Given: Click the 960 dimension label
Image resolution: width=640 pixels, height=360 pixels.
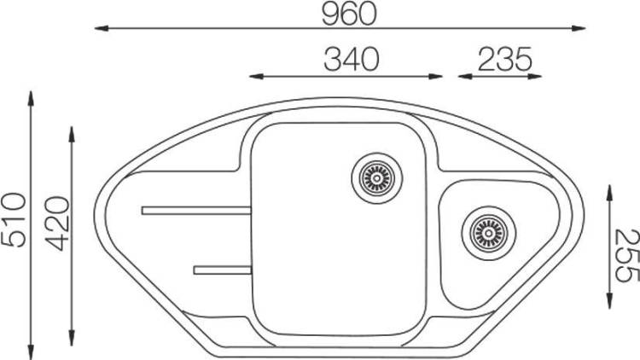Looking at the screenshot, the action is (348, 13).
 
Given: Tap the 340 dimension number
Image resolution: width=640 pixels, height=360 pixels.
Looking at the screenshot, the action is (352, 59).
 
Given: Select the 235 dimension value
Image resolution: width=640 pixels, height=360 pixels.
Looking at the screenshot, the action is (505, 59).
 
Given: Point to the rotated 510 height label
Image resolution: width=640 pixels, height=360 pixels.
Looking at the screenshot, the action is (14, 219).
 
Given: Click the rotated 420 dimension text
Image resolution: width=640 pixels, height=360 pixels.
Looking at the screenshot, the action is (57, 224).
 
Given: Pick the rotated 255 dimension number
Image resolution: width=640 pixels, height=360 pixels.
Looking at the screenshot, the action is (626, 256).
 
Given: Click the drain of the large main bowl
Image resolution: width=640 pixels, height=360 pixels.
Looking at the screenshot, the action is (376, 178).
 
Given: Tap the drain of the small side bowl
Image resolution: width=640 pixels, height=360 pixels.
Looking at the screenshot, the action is (489, 234).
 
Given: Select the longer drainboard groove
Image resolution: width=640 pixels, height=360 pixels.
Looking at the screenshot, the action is (196, 211).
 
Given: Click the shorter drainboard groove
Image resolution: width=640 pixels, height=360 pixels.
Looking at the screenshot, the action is (222, 270).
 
